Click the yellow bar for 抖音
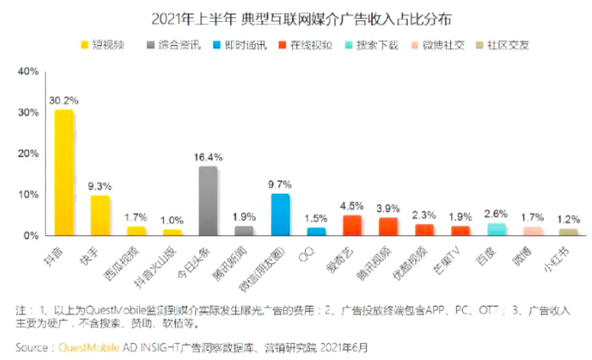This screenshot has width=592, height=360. [x=64, y=173]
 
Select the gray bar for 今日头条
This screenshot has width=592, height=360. [x=208, y=201]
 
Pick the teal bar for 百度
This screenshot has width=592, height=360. [x=496, y=229]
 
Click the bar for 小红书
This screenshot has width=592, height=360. [x=568, y=232]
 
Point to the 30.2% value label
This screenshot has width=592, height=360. [x=64, y=101]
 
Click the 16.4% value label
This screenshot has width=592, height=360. [x=208, y=157]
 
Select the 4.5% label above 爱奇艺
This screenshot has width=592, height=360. [x=352, y=206]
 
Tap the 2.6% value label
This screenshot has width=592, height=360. [x=496, y=214]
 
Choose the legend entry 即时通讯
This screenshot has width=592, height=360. [x=242, y=46]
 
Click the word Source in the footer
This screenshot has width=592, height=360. [x=31, y=348]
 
